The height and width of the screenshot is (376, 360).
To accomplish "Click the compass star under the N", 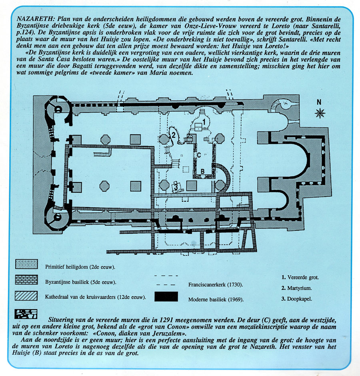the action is (320, 113).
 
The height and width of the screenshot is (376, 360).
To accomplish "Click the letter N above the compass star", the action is (319, 102).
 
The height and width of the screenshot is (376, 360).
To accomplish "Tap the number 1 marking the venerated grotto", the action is (204, 122).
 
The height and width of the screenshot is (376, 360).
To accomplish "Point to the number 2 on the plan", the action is (173, 135).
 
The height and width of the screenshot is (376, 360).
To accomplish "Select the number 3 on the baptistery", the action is (176, 186).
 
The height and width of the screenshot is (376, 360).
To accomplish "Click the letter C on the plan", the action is (199, 155).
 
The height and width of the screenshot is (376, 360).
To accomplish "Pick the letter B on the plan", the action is (202, 171).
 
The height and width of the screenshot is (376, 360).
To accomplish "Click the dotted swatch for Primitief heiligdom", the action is (26, 264).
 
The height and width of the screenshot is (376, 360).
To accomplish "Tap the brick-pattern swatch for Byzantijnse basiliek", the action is (26, 280).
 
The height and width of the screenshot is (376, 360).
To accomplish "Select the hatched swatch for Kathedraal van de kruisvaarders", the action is (26, 296).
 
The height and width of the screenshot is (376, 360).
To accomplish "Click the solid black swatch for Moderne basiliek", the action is (166, 296).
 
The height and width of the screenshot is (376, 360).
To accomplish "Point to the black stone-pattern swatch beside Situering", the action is (26, 314).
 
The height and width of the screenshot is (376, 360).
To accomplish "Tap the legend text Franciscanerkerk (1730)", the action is (216, 285).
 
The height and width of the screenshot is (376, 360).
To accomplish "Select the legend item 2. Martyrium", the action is (296, 288).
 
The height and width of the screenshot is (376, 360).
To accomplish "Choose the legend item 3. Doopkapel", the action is (297, 299).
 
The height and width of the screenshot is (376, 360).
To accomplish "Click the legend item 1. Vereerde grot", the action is (300, 277).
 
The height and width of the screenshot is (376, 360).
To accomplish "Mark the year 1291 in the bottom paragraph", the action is (151, 320).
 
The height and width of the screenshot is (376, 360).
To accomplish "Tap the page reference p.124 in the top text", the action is (24, 33).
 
